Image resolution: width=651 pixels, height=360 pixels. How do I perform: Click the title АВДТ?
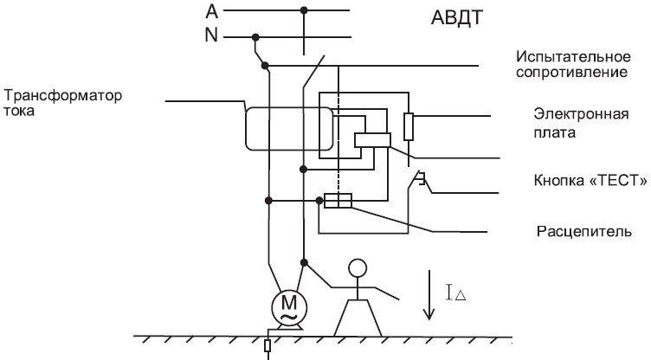(x=457, y=18)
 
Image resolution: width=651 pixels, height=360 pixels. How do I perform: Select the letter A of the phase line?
(x=212, y=11)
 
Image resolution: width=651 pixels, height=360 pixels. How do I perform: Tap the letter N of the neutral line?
(x=211, y=35)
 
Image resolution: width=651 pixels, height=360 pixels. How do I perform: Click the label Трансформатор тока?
(x=62, y=103)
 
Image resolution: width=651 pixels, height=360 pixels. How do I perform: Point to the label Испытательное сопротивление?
(x=573, y=64)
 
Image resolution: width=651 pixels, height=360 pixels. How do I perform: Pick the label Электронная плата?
(x=581, y=123)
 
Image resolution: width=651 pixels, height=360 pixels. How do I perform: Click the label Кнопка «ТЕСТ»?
(x=590, y=181)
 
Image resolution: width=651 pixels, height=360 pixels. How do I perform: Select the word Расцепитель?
(x=584, y=231)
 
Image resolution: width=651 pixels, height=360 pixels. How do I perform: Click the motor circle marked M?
(x=289, y=307)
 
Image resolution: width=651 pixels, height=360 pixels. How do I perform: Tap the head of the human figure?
(x=358, y=267)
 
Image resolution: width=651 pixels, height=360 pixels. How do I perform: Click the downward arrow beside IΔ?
(x=429, y=295)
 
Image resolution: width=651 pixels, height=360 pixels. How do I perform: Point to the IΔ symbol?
(x=456, y=292)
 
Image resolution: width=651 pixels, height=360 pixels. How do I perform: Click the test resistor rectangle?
(x=409, y=126)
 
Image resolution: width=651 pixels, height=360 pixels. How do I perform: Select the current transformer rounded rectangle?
(x=289, y=129)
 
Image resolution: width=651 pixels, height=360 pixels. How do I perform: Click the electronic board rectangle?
(x=372, y=140)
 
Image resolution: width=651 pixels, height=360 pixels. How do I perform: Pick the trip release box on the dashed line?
(x=338, y=201)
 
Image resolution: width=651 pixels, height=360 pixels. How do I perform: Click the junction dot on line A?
(x=304, y=10)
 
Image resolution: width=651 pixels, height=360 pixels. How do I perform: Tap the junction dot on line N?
(x=255, y=37)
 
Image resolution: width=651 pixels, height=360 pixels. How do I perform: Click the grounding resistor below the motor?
(x=267, y=345)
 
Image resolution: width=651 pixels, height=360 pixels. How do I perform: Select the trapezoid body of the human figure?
(x=358, y=318)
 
